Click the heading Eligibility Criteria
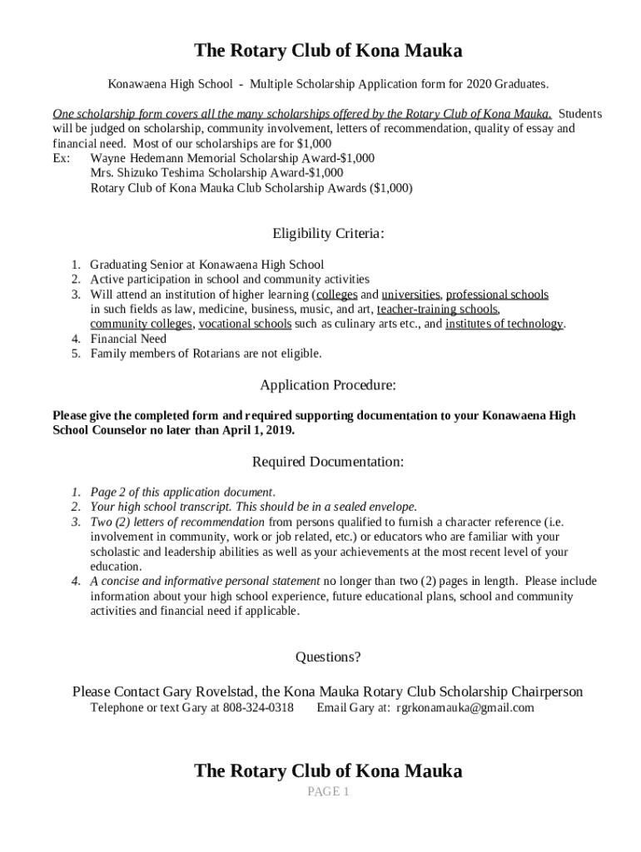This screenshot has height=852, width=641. pos(328,234)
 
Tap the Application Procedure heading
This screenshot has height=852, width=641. pos(328,385)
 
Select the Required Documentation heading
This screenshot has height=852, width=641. pos(328,461)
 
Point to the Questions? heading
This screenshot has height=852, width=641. pos(328,657)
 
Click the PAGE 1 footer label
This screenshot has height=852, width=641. pos(328,792)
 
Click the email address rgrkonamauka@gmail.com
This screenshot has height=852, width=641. pos(465,708)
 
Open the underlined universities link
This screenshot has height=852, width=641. pos(411,295)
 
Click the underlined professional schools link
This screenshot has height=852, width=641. pos(497,295)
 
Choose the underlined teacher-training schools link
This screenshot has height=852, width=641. pos(438,309)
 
